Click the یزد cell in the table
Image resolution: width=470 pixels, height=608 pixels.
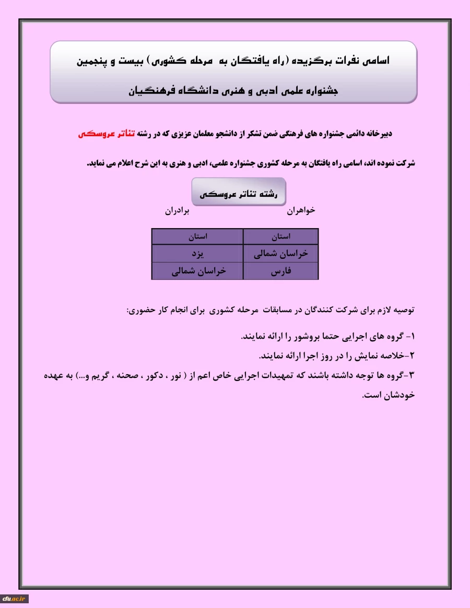point(197,254)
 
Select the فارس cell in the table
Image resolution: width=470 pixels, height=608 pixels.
point(281,271)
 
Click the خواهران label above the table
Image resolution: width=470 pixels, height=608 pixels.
point(301,211)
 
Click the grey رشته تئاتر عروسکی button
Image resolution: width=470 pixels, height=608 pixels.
point(238,192)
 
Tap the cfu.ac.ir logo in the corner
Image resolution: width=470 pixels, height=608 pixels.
point(15,599)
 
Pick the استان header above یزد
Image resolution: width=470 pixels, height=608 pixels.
point(197,236)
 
